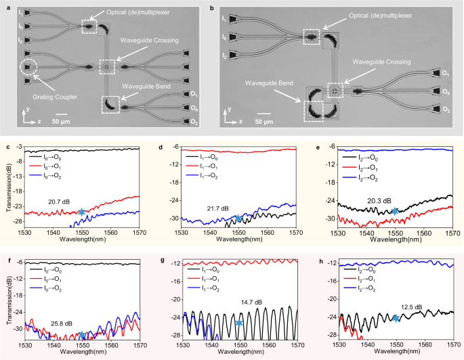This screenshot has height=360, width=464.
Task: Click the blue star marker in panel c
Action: coord(82,212)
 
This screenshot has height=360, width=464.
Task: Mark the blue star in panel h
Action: coord(396,318)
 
